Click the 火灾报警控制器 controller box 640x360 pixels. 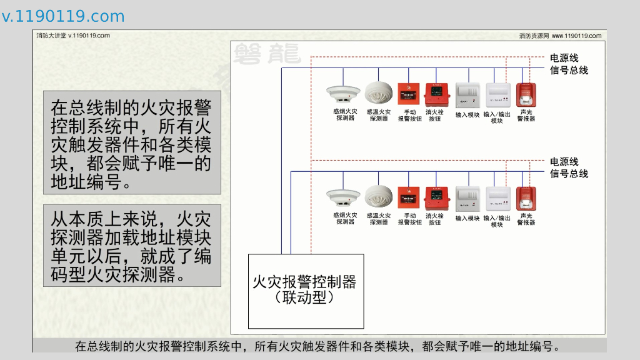pos(306,291)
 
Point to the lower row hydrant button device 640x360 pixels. pos(436,199)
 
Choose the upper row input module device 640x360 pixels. pos(467,95)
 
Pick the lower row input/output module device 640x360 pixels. pos(498,199)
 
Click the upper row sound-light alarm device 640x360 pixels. pos(526,95)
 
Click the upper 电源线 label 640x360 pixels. pos(564,58)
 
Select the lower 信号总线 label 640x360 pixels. pos(569,174)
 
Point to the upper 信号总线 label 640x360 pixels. pos(569,70)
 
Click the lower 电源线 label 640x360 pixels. pos(564,162)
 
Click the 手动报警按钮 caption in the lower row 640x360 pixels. pos(409,219)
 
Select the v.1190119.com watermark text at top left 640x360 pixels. pos(63,16)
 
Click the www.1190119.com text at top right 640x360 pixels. pos(576,36)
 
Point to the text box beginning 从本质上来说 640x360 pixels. pos(132,246)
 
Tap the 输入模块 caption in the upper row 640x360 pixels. pos(467,115)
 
